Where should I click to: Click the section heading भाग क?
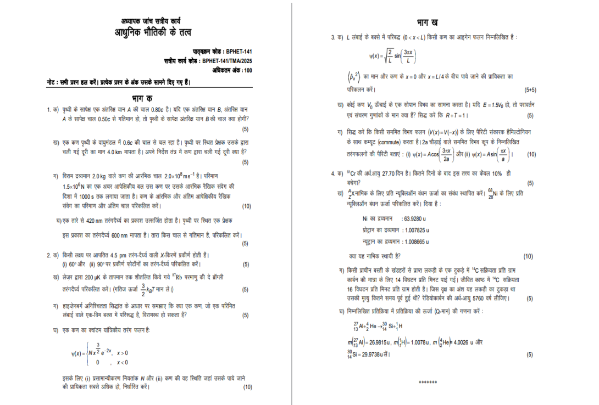[x=145, y=99]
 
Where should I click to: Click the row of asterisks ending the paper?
[x=428, y=381]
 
